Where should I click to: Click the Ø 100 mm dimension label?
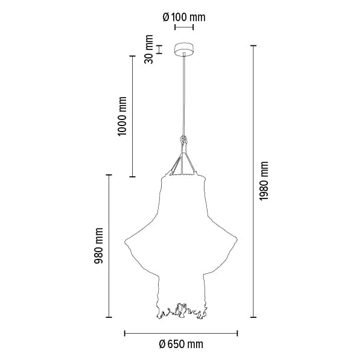(184, 17)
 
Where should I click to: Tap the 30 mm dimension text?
(148, 49)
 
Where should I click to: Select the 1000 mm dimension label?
(122, 116)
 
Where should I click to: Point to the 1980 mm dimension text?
(264, 181)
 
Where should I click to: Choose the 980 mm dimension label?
(98, 246)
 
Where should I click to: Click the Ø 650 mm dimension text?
(181, 345)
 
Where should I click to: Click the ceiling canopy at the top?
(184, 49)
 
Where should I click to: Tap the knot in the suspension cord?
(183, 140)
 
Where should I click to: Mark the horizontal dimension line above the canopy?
(184, 27)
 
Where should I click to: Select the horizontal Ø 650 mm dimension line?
(181, 333)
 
